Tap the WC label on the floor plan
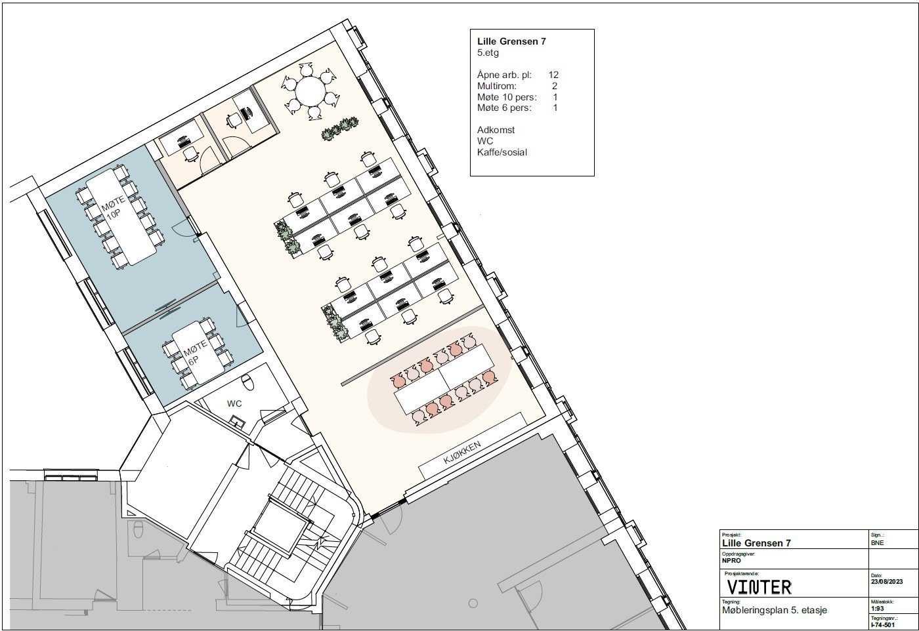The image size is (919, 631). pyautogui.click(x=234, y=403)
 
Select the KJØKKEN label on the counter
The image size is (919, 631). pyautogui.click(x=463, y=453)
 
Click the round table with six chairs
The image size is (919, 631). pyautogui.click(x=310, y=91)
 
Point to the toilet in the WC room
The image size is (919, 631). pyautogui.click(x=247, y=382)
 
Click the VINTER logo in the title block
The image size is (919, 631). pyautogui.click(x=759, y=586)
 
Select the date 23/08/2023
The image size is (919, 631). pyautogui.click(x=887, y=582)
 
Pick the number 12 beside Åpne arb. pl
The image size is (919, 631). pyautogui.click(x=553, y=75)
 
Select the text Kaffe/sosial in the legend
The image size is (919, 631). pyautogui.click(x=502, y=152)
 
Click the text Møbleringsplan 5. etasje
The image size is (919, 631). pyautogui.click(x=774, y=610)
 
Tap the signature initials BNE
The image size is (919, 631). pyautogui.click(x=878, y=543)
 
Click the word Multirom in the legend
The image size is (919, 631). pyautogui.click(x=497, y=86)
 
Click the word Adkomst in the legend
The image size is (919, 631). pyautogui.click(x=496, y=130)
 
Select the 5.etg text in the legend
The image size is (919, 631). pyautogui.click(x=488, y=53)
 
